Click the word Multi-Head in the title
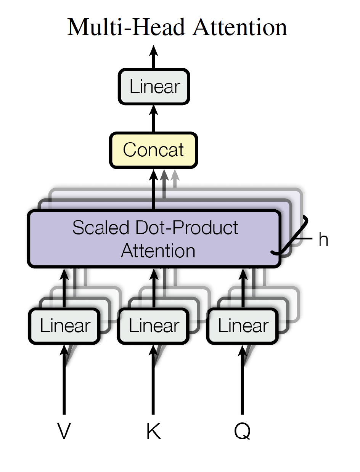click(x=126, y=27)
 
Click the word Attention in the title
click(x=240, y=27)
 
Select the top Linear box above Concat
click(x=154, y=87)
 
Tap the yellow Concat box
click(x=154, y=150)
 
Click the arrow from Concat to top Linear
click(x=154, y=119)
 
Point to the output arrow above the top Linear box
click(x=154, y=57)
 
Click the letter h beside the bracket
click(x=323, y=239)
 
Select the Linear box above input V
click(x=64, y=326)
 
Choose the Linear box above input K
click(x=153, y=326)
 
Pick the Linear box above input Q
click(x=243, y=326)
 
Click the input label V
click(x=64, y=431)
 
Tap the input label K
click(x=153, y=431)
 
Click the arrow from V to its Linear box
click(x=64, y=379)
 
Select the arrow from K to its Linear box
click(x=153, y=379)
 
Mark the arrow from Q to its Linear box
click(x=243, y=379)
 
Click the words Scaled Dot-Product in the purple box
click(x=155, y=228)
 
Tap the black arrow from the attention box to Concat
click(x=154, y=189)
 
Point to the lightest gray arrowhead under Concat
click(x=175, y=175)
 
